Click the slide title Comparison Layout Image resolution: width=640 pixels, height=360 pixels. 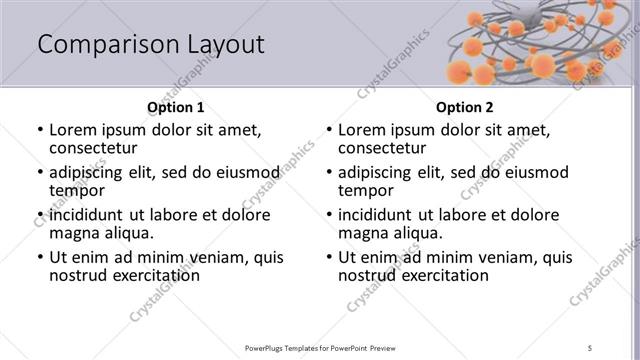pos(151,45)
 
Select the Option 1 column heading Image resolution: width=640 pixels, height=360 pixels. pos(175,107)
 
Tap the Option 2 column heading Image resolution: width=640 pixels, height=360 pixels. pos(464,107)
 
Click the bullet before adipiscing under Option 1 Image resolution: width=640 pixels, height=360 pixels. pos(40,173)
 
